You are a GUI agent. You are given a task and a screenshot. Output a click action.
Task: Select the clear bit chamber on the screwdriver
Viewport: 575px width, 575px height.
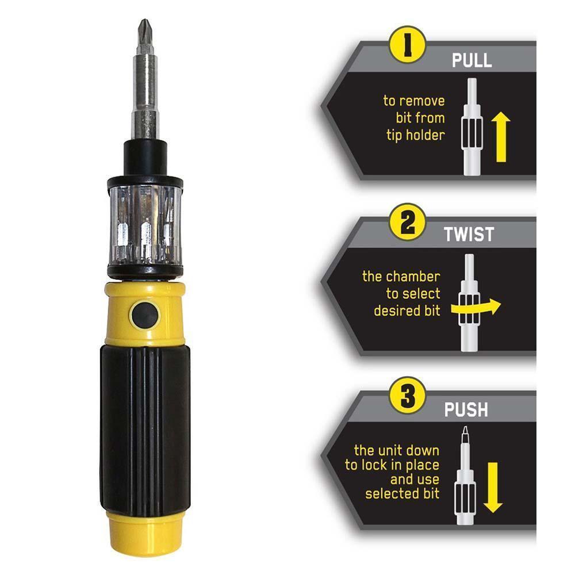(x=145, y=224)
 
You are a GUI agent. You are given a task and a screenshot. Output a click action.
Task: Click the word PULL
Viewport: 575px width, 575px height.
(x=471, y=60)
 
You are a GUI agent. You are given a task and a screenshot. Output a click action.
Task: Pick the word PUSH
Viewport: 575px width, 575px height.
(x=466, y=410)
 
